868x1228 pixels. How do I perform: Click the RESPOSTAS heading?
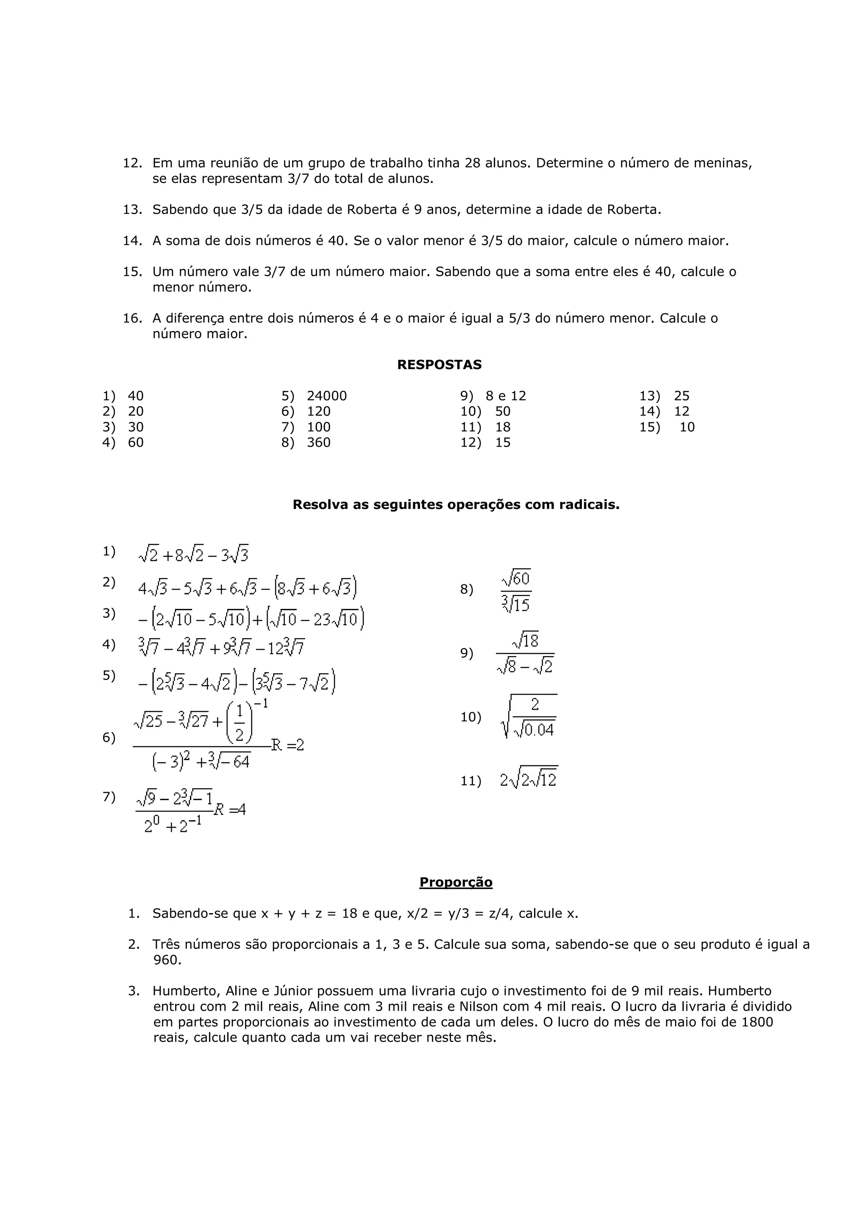[x=439, y=365]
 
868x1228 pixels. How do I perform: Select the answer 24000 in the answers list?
[x=326, y=396]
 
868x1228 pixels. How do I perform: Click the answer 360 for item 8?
[x=318, y=442]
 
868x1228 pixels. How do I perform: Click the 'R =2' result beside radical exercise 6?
[x=288, y=745]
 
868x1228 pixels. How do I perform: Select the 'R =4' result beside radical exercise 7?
[x=230, y=810]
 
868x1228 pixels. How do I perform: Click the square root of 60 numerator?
[x=516, y=578]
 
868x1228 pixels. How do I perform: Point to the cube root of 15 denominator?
[x=516, y=604]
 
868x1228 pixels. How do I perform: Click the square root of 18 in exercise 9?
[x=525, y=641]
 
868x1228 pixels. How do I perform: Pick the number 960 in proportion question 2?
[x=167, y=960]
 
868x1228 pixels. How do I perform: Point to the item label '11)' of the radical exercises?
[x=470, y=781]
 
